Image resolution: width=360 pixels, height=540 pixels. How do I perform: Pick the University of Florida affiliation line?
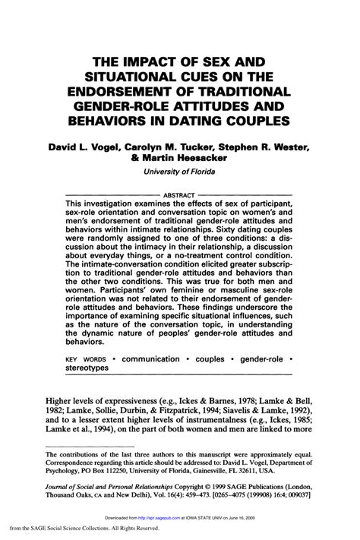tap(180, 172)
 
